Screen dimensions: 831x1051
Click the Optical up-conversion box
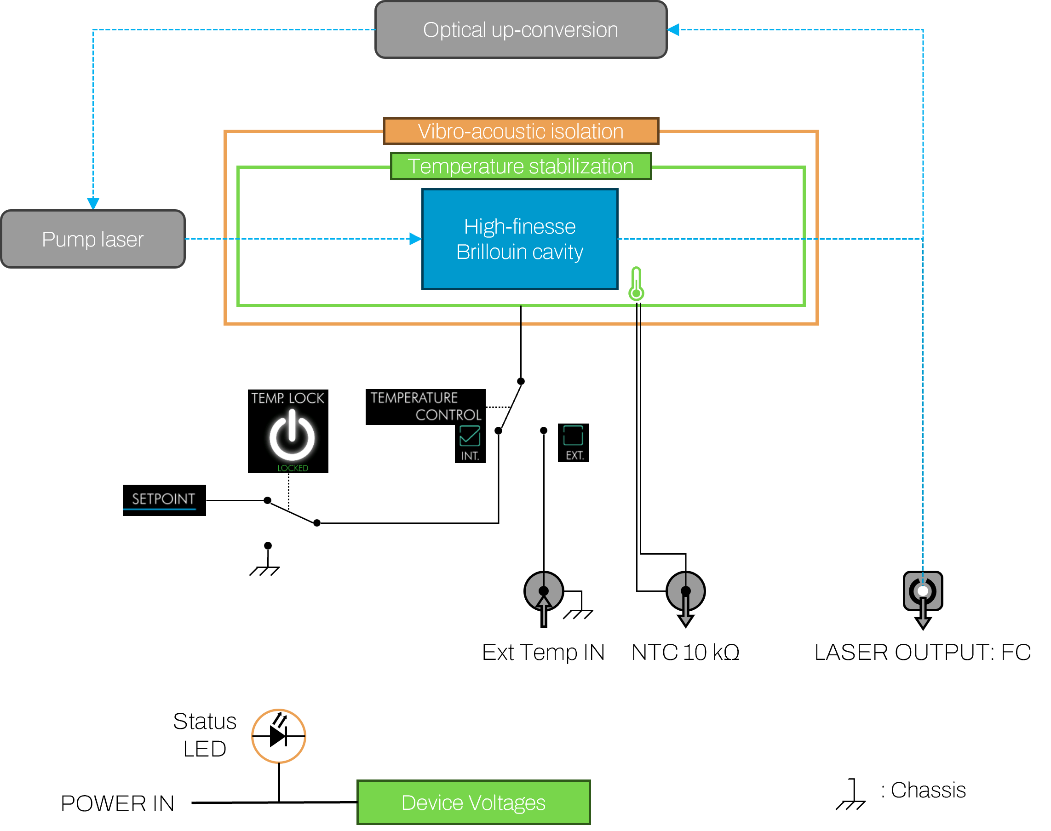(x=521, y=30)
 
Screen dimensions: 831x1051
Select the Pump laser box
(x=93, y=239)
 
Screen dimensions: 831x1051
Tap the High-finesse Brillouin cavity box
(x=520, y=239)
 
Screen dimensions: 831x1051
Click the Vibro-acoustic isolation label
(x=521, y=132)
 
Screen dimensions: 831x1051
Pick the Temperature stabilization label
(x=521, y=166)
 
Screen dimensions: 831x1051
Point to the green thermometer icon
(x=636, y=284)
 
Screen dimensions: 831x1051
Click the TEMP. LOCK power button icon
(x=292, y=436)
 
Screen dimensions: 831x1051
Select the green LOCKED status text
(x=293, y=468)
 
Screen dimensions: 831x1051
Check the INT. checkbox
(x=470, y=436)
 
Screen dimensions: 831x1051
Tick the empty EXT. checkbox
(x=573, y=436)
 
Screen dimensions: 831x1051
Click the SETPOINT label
(x=163, y=499)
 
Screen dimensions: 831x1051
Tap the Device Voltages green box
(x=473, y=802)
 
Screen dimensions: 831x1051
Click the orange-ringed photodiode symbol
(x=278, y=736)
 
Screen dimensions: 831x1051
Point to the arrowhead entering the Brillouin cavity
(x=415, y=239)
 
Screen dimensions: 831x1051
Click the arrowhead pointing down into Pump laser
(x=93, y=203)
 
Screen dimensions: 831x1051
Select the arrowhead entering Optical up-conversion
(x=673, y=30)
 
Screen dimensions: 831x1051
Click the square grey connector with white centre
(x=923, y=591)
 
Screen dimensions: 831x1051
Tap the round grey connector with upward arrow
(x=544, y=591)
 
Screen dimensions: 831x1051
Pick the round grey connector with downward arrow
(x=686, y=591)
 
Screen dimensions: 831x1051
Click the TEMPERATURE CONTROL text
(x=426, y=406)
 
